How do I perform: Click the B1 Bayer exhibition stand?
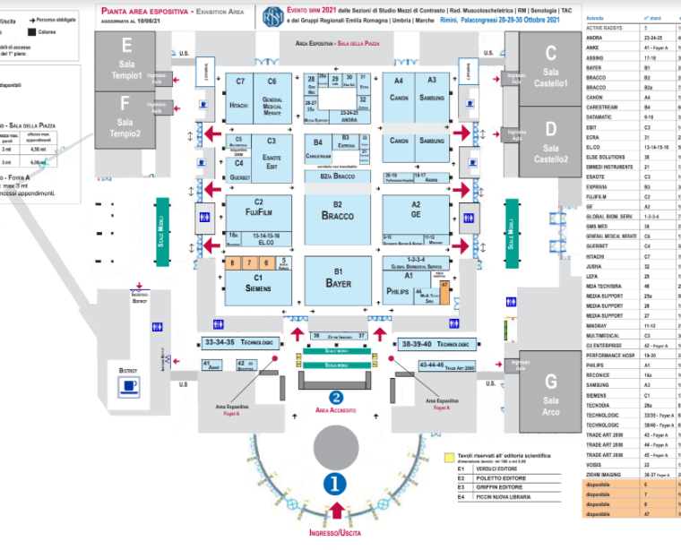[338, 279]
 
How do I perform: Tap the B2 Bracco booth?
[338, 211]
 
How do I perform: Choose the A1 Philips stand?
[400, 288]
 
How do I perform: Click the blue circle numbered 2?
[336, 397]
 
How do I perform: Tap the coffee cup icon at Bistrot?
[130, 386]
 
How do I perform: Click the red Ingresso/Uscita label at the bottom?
[337, 534]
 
